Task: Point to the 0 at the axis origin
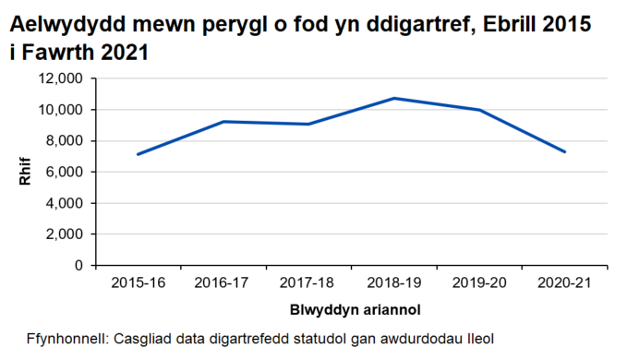tap(80, 266)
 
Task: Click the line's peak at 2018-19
tap(393, 98)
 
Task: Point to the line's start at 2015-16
tap(138, 154)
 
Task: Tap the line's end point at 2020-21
tap(564, 152)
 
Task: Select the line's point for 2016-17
tap(223, 122)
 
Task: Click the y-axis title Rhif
tap(25, 173)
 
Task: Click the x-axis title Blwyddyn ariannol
tap(350, 308)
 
